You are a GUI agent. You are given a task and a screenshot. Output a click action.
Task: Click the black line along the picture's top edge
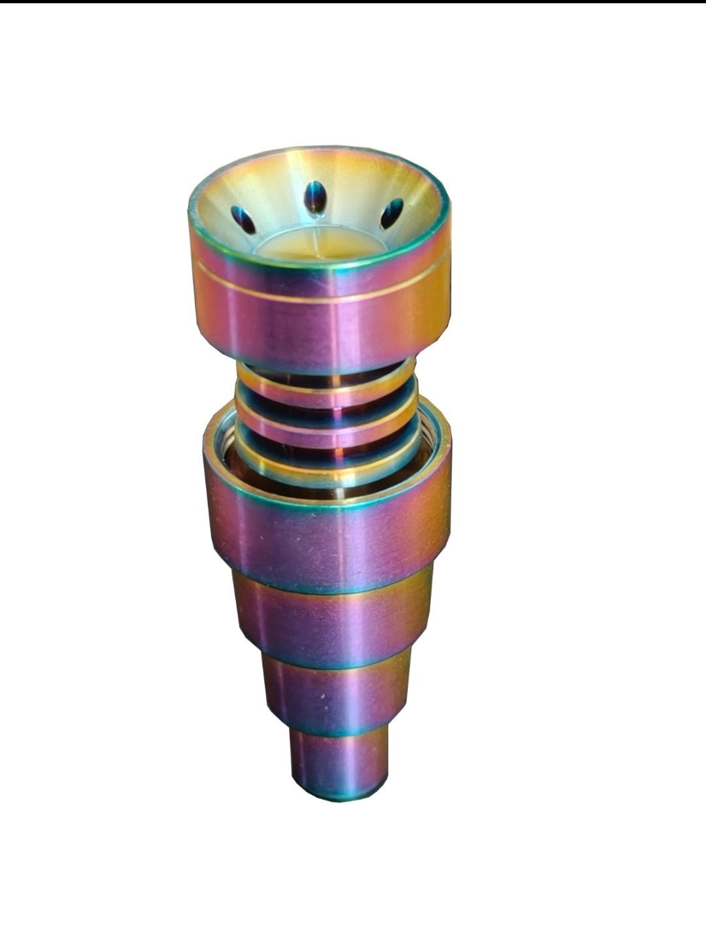pyautogui.click(x=353, y=1)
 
